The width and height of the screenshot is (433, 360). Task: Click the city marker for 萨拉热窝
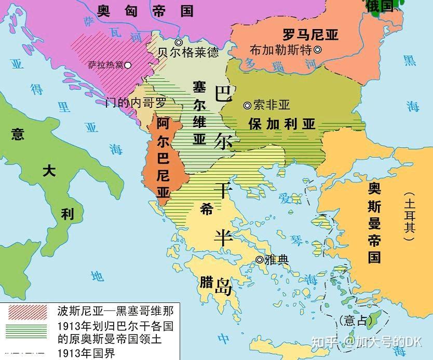[127, 65]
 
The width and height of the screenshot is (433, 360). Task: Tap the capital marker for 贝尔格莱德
[179, 42]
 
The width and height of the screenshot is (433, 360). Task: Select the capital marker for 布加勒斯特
[317, 50]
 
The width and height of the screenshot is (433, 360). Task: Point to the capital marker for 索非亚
[247, 105]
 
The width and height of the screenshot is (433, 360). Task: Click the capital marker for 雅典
[259, 259]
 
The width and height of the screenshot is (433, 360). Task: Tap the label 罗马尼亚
[310, 35]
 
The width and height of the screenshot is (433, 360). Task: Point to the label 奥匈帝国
[145, 11]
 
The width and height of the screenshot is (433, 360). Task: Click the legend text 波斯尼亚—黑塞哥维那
[115, 311]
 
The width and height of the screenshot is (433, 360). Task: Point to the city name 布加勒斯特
[280, 50]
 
